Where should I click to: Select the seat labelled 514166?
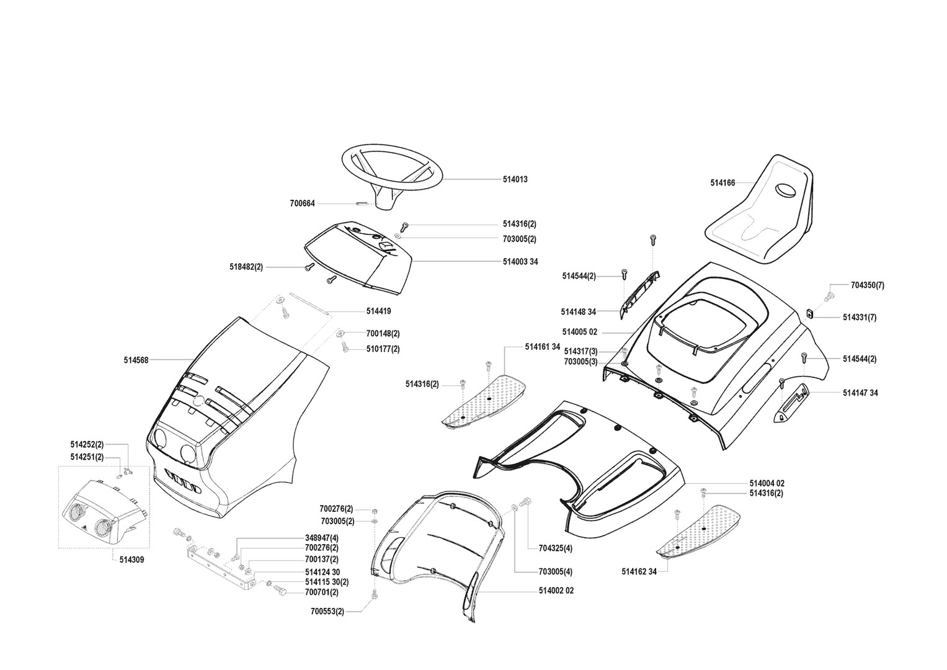[x=760, y=211]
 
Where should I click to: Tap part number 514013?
[x=515, y=179]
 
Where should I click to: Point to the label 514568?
[x=136, y=360]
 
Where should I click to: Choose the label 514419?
[x=378, y=311]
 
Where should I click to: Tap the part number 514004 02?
[x=767, y=483]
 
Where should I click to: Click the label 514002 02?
[x=556, y=591]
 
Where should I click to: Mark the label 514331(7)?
[x=860, y=318]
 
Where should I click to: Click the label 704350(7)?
[x=868, y=285]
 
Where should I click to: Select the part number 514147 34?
[x=860, y=393]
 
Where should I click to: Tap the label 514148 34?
[x=578, y=311]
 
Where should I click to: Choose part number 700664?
[x=302, y=203]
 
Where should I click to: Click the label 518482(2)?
[x=246, y=267]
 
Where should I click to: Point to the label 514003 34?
[x=520, y=262]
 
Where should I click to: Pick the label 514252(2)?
[x=87, y=444]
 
